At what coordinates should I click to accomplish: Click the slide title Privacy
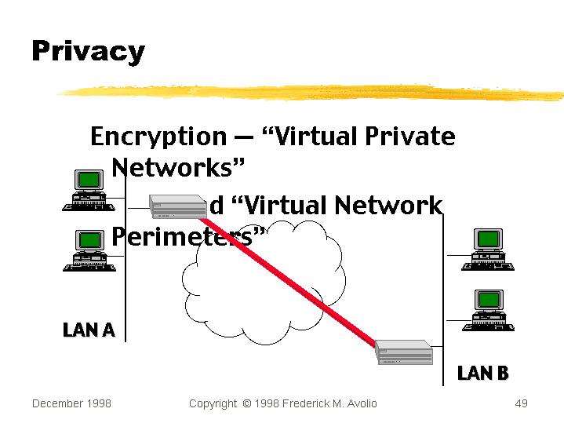[x=88, y=51]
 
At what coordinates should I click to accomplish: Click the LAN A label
[x=89, y=330]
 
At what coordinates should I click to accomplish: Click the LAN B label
[x=482, y=373]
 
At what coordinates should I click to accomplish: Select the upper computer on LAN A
[x=89, y=190]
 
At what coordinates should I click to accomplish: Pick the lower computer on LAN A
[x=89, y=250]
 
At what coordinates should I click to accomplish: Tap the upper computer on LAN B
[x=487, y=250]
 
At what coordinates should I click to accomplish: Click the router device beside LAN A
[x=179, y=206]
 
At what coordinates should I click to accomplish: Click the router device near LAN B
[x=404, y=352]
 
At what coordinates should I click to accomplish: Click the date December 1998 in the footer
[x=71, y=403]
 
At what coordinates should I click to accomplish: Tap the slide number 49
[x=521, y=403]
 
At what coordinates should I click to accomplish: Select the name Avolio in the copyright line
[x=358, y=403]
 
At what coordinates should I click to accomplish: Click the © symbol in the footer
[x=246, y=403]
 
